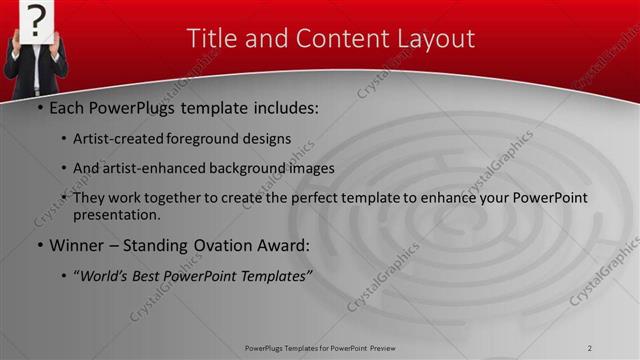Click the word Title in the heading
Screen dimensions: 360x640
click(214, 39)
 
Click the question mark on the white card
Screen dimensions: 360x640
click(36, 18)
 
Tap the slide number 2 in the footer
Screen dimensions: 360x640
click(589, 348)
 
